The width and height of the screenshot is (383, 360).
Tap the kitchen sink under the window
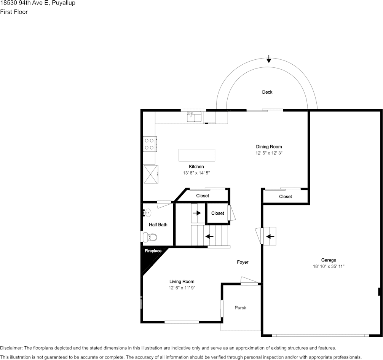(x=194, y=116)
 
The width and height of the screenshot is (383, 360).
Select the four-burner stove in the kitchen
(x=150, y=144)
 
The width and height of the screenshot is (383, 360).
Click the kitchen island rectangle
(x=197, y=155)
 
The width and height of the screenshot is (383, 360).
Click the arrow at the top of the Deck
(x=269, y=59)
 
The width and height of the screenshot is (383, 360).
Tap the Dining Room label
(x=269, y=147)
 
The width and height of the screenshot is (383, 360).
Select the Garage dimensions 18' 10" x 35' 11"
(x=329, y=266)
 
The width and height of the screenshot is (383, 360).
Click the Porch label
(x=240, y=308)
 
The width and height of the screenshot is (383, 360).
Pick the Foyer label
(x=243, y=262)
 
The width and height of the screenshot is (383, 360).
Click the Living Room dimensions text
(x=182, y=288)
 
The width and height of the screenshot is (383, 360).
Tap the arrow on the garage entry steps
(x=270, y=236)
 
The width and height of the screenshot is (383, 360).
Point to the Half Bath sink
(x=147, y=213)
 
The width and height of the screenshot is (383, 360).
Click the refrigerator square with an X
(x=151, y=174)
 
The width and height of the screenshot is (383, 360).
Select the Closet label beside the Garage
(x=285, y=197)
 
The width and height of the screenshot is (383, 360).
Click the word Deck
(x=267, y=92)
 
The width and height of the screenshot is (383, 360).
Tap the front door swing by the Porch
(x=249, y=280)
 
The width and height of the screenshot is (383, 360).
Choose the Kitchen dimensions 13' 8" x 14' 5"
(x=196, y=173)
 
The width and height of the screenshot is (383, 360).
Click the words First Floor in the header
(x=14, y=12)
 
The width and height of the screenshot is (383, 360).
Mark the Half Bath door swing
(x=164, y=204)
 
